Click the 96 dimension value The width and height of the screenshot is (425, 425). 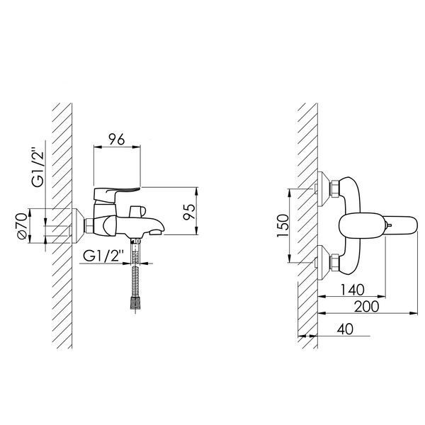117,139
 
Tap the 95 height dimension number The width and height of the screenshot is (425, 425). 189,211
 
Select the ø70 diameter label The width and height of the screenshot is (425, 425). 22,226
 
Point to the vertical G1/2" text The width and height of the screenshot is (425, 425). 38,167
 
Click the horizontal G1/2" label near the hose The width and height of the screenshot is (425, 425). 103,256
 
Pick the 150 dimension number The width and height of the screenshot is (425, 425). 283,225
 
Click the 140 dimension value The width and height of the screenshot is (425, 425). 352,290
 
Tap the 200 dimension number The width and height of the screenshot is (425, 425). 367,307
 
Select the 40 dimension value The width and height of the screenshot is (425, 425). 345,329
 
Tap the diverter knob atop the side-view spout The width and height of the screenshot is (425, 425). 137,211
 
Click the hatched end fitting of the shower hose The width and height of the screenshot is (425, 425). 135,302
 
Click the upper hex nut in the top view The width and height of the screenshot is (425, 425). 334,188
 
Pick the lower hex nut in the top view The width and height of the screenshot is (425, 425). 334,262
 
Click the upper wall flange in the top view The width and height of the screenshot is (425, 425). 324,189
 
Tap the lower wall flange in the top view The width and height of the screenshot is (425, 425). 324,263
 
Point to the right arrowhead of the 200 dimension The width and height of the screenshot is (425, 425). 414,313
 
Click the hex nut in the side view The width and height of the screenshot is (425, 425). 89,226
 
